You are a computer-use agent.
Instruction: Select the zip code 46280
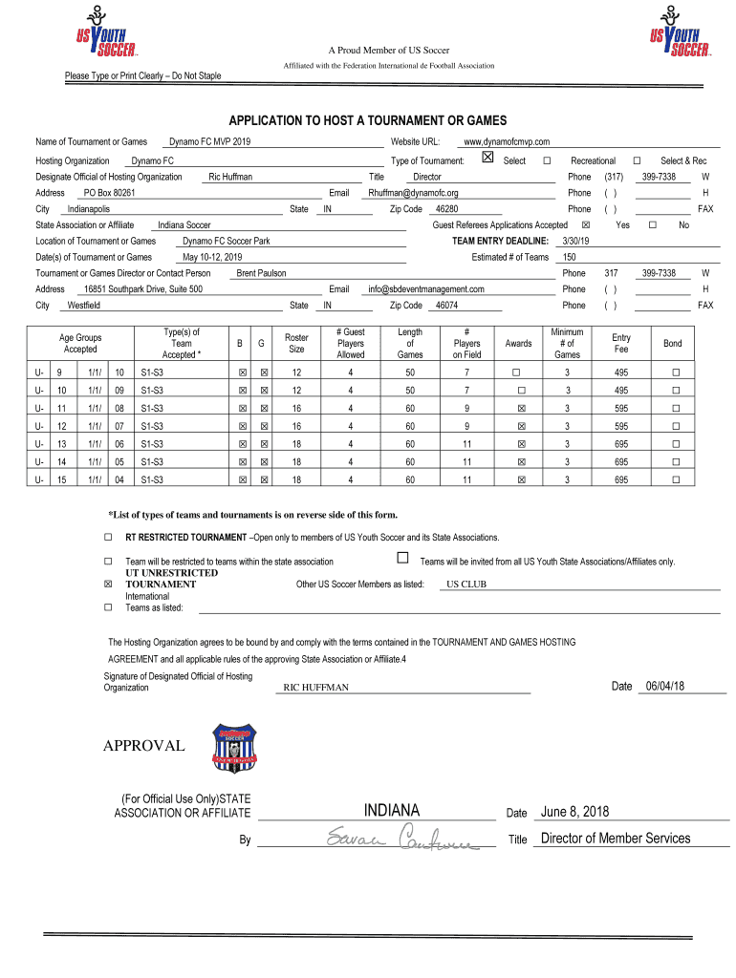(446, 208)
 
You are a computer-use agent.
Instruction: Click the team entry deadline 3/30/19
(577, 241)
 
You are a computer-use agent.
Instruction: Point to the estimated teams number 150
(569, 257)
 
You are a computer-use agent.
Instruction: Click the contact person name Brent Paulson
(261, 272)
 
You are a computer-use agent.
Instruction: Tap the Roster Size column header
(296, 343)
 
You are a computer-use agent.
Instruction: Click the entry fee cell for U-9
(621, 372)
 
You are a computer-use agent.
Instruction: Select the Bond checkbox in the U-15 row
(675, 479)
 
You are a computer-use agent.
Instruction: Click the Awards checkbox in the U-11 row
(521, 408)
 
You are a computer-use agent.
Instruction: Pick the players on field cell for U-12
(466, 426)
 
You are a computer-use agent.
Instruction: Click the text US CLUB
(466, 584)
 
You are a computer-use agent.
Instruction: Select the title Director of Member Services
(615, 839)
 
